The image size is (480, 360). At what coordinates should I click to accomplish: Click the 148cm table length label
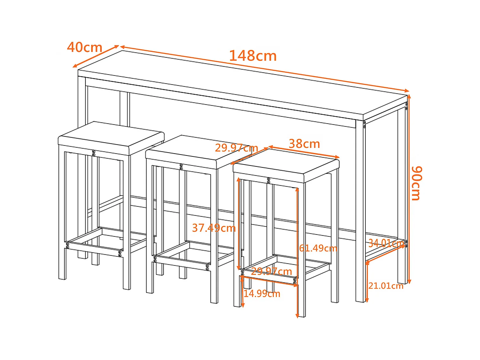253,56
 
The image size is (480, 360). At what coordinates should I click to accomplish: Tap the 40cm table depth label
84,47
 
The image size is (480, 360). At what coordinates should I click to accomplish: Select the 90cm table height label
417,183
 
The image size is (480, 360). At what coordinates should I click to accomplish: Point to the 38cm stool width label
304,144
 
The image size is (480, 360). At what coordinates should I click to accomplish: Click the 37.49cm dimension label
214,228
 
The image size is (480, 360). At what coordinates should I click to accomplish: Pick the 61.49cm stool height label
318,248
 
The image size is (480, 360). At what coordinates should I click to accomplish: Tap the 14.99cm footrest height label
262,293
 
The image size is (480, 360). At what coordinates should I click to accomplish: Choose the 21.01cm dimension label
386,285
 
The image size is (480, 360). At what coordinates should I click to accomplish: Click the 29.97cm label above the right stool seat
236,148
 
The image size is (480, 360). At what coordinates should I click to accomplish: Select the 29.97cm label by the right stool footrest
271,271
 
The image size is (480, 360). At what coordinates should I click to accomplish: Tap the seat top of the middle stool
192,149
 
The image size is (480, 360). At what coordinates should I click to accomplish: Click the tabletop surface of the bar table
243,82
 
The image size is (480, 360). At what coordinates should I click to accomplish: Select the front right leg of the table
360,211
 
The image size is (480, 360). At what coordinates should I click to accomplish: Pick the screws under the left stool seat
93,153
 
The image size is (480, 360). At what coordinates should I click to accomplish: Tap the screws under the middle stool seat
181,167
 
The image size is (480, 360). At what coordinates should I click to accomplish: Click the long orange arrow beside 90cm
409,189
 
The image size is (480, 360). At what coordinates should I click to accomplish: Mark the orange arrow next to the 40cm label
96,56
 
